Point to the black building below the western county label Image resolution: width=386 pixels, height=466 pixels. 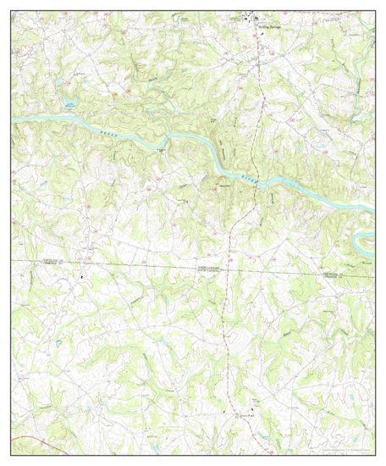[82, 276]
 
